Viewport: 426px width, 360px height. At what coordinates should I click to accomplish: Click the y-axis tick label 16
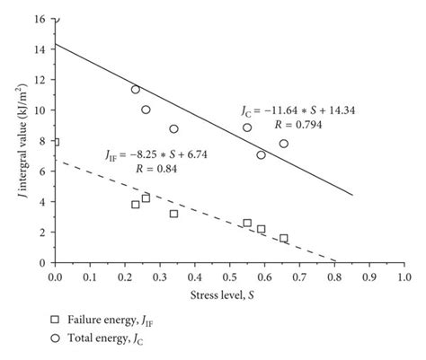click(42, 18)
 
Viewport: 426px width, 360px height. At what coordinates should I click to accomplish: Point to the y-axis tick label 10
click(42, 110)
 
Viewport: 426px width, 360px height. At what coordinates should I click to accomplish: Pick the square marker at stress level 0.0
click(55, 142)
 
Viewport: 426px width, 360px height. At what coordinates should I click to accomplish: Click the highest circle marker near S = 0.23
click(135, 89)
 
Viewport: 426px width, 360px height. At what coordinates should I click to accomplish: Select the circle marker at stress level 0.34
click(173, 128)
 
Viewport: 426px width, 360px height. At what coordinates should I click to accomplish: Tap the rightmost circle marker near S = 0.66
click(284, 144)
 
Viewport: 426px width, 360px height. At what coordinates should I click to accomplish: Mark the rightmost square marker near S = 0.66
click(284, 238)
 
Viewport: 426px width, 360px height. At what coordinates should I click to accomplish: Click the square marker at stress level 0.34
click(173, 214)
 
